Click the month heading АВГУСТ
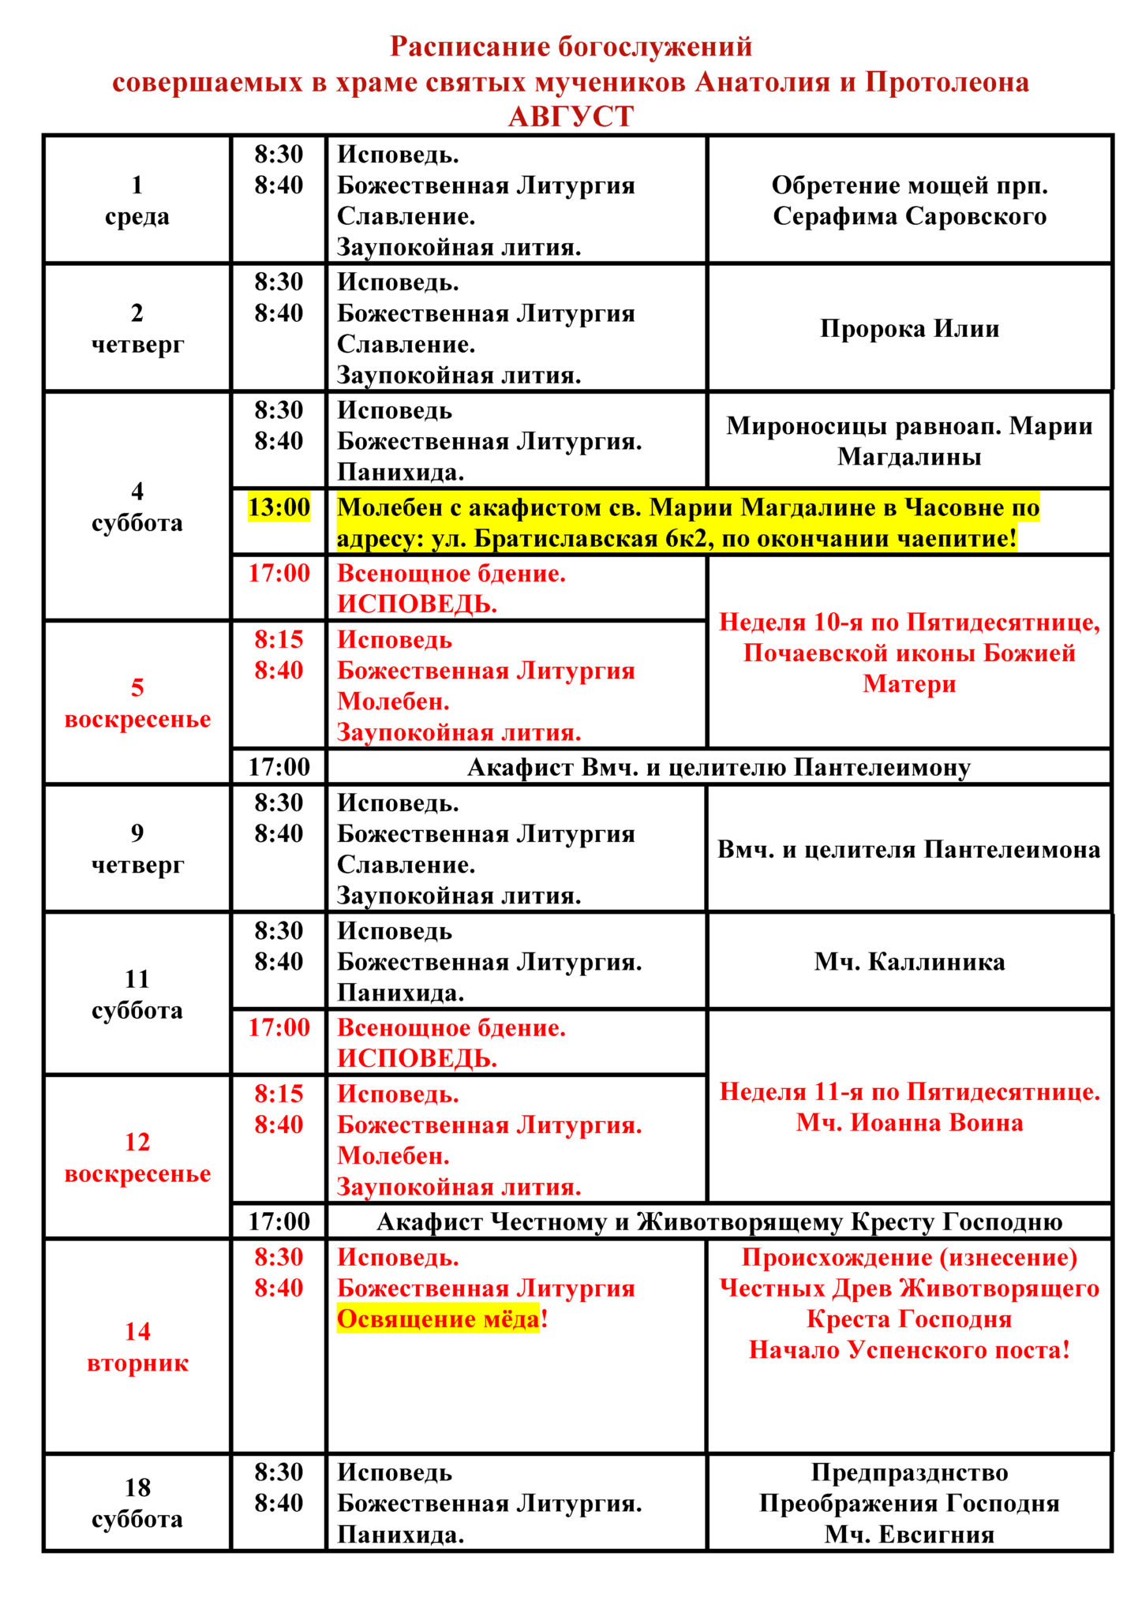pyautogui.click(x=571, y=117)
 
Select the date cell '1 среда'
pyautogui.click(x=137, y=200)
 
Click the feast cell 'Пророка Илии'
pyautogui.click(x=909, y=328)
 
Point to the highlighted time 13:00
pyautogui.click(x=279, y=507)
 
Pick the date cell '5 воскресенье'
pyautogui.click(x=137, y=703)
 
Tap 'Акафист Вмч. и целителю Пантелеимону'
pyautogui.click(x=718, y=767)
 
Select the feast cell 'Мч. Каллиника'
pyautogui.click(x=909, y=962)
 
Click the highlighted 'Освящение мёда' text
pyautogui.click(x=439, y=1319)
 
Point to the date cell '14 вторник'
pyautogui.click(x=137, y=1347)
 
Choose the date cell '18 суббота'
pyautogui.click(x=137, y=1503)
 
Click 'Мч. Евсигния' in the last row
pyautogui.click(x=909, y=1535)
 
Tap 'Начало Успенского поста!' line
pyautogui.click(x=909, y=1350)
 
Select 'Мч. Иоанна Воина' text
pyautogui.click(x=909, y=1123)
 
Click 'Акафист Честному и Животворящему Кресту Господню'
pyautogui.click(x=718, y=1221)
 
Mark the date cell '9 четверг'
pyautogui.click(x=137, y=849)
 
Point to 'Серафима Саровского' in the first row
pyautogui.click(x=909, y=216)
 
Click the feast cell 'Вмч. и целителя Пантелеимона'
pyautogui.click(x=909, y=850)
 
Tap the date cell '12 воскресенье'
pyautogui.click(x=137, y=1158)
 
